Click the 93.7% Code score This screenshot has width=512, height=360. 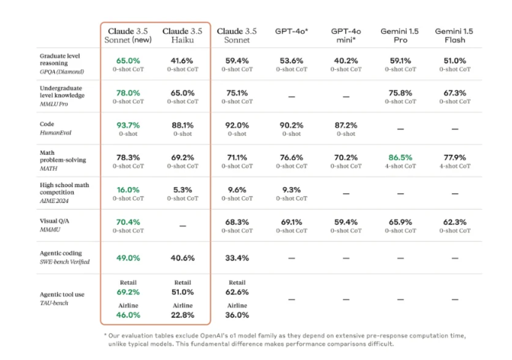tap(128, 125)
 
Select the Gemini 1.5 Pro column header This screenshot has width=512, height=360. tap(399, 35)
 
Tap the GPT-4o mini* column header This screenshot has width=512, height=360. tap(345, 35)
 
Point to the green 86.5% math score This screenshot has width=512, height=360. tap(399, 157)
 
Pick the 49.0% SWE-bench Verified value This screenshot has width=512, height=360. tap(128, 258)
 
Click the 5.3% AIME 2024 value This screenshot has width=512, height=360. tap(182, 189)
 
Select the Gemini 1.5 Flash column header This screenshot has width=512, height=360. tap(453, 35)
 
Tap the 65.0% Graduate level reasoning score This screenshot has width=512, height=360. tap(128, 60)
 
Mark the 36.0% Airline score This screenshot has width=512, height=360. tap(236, 315)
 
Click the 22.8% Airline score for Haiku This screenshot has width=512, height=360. tap(182, 315)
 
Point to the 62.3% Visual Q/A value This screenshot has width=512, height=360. tap(453, 222)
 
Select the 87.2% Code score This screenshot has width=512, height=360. tap(345, 125)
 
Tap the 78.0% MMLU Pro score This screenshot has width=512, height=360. tap(128, 92)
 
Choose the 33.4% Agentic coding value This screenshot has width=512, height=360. tap(236, 258)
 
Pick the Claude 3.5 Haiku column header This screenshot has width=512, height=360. tap(182, 35)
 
